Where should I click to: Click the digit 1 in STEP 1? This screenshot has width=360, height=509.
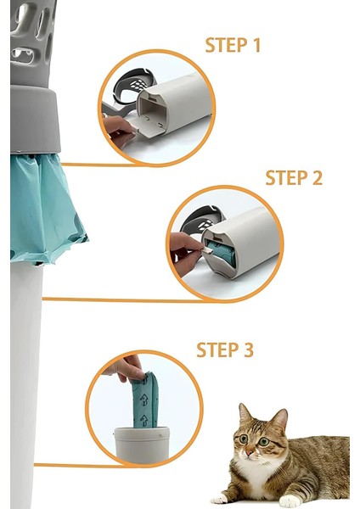tap(256, 45)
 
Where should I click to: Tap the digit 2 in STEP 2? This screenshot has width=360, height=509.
tap(317, 177)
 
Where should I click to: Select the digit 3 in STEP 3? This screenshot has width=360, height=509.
tap(248, 350)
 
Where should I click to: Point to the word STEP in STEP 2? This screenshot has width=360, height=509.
tap(286, 177)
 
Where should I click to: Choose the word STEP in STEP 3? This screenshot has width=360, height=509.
tap(217, 350)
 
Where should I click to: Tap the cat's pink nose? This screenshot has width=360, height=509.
tap(250, 452)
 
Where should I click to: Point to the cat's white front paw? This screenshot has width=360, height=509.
tap(290, 501)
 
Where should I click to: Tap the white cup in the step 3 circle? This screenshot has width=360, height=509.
tap(142, 445)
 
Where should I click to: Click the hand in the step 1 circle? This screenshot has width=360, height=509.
tap(119, 131)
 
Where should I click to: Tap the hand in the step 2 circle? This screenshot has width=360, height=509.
tap(185, 253)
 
